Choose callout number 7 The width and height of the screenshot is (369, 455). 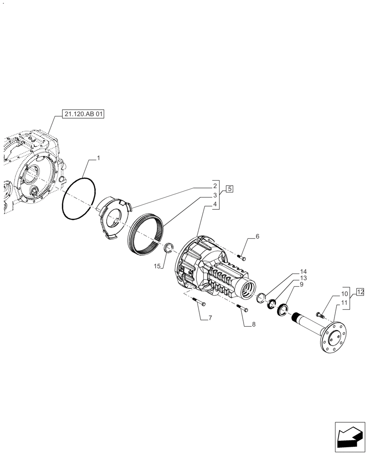point(210,318)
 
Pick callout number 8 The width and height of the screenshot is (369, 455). point(254,324)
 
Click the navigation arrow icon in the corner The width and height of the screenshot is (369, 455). point(349,437)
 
